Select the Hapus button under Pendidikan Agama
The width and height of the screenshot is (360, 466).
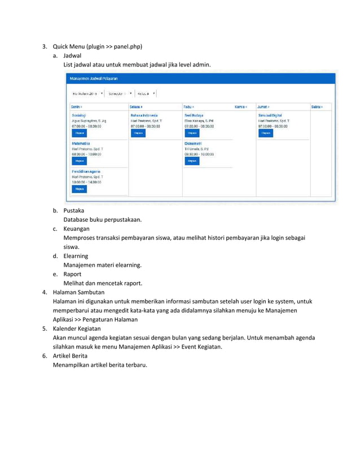[x=79, y=189]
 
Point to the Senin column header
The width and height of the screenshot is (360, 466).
[x=76, y=106]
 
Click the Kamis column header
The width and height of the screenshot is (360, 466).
[x=241, y=106]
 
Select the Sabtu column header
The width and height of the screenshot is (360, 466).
[x=319, y=106]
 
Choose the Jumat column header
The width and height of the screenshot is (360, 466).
[x=263, y=106]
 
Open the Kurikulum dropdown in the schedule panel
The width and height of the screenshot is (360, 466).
[x=87, y=93]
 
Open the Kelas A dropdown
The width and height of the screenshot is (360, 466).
[x=147, y=93]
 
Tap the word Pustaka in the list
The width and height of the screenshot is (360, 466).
[x=73, y=210]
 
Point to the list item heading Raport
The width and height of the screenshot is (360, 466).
[x=73, y=274]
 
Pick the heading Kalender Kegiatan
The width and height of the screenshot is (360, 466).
[x=77, y=328]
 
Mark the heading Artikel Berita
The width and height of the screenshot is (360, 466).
[x=72, y=355]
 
